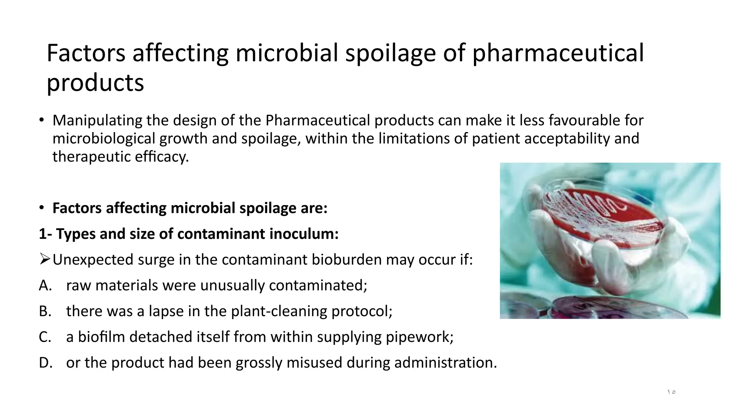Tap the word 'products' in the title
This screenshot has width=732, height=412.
(95, 83)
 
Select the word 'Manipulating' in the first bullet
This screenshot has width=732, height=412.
(97, 121)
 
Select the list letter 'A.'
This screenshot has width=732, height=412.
(45, 285)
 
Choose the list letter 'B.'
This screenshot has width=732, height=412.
(45, 311)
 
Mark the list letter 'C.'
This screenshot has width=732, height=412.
(45, 337)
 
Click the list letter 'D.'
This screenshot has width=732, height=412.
(46, 363)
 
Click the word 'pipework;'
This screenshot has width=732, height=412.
(420, 337)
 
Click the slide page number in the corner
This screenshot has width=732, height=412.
(671, 392)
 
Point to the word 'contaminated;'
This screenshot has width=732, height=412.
(318, 285)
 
